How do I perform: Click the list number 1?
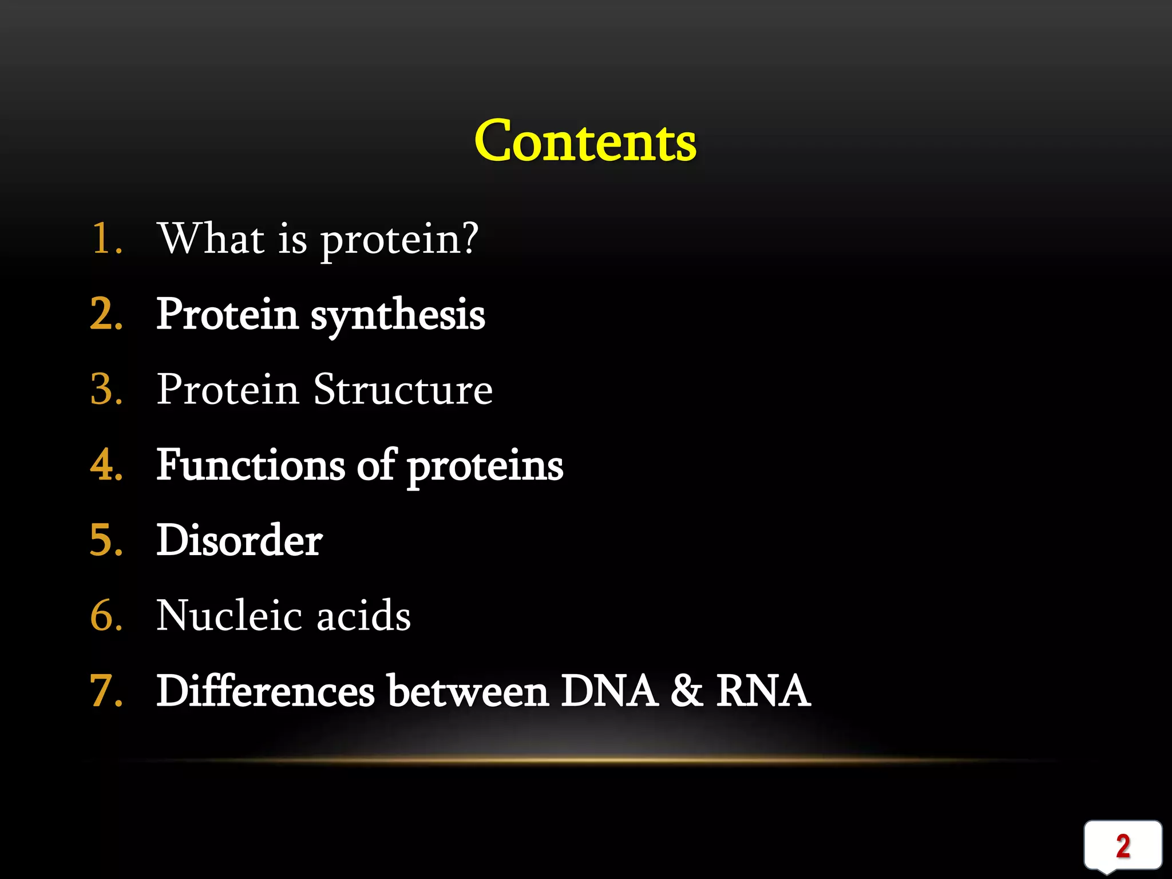[106, 238]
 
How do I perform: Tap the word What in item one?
[211, 238]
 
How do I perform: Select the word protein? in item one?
[399, 240]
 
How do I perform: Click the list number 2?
[106, 314]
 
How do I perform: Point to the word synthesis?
[398, 316]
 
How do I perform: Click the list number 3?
[106, 390]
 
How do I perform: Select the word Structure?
[403, 390]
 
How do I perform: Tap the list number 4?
[106, 465]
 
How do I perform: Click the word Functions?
[251, 465]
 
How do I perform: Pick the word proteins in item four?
[485, 467]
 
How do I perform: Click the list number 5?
[106, 540]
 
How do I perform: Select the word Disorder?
[239, 540]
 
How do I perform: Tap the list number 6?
[106, 616]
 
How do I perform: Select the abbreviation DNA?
[608, 691]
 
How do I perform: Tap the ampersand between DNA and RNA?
[686, 691]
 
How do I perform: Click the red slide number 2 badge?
[1123, 846]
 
